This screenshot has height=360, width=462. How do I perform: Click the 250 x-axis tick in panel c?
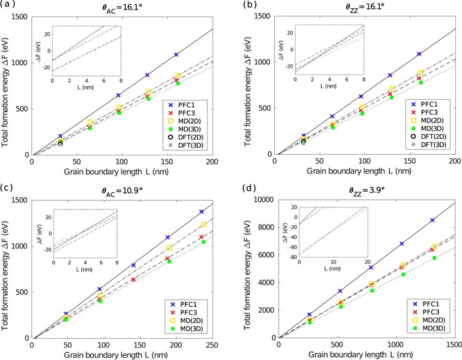[214, 345]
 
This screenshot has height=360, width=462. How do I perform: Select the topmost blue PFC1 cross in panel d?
[432, 220]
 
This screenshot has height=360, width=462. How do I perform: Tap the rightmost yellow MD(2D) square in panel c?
[203, 224]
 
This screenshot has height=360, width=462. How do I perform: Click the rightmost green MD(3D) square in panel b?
[421, 83]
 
